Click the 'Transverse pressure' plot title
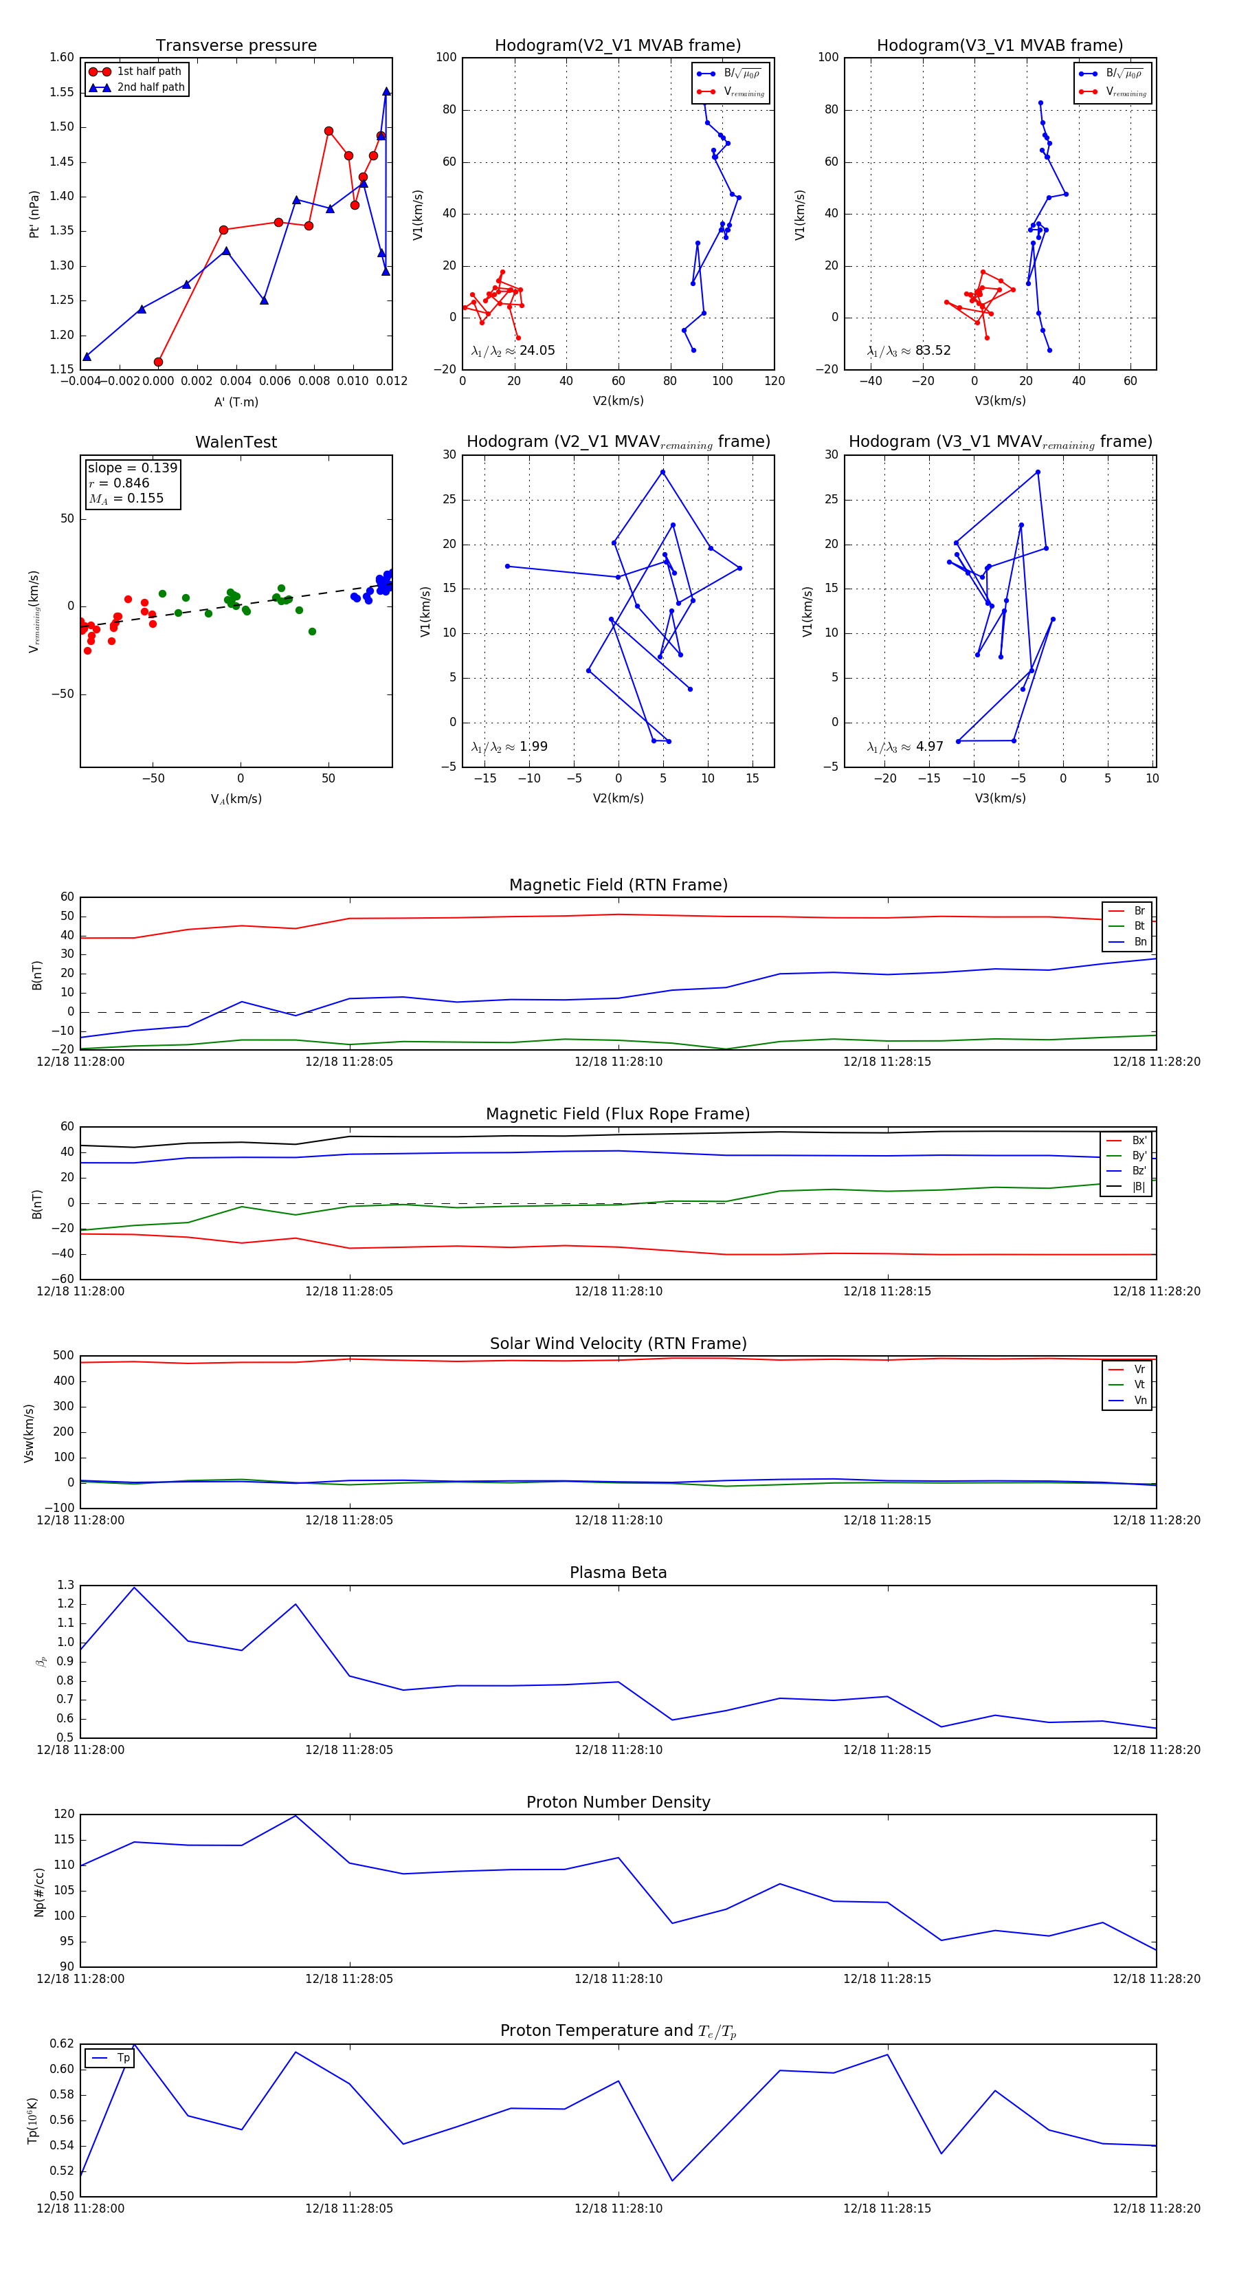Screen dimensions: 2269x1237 [236, 46]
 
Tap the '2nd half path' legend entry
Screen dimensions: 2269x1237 [151, 87]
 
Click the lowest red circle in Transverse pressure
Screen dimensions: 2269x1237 [159, 362]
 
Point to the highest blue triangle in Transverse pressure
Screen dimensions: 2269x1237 [386, 91]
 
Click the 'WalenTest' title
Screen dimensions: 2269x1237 [236, 442]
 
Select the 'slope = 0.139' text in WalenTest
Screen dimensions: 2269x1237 [132, 468]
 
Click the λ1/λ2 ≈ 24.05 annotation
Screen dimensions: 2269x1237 [513, 351]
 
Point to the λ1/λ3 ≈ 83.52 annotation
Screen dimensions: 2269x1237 [909, 351]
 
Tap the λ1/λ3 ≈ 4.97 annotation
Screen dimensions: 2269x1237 [905, 747]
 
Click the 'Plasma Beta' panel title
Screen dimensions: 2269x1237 [618, 1573]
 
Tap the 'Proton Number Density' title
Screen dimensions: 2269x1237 [618, 1802]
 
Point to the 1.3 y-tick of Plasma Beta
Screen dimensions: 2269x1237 [66, 1586]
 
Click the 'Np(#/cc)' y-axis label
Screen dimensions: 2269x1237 [38, 1891]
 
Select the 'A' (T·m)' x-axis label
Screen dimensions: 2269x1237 [236, 402]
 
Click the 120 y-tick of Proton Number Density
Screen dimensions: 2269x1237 [65, 1815]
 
